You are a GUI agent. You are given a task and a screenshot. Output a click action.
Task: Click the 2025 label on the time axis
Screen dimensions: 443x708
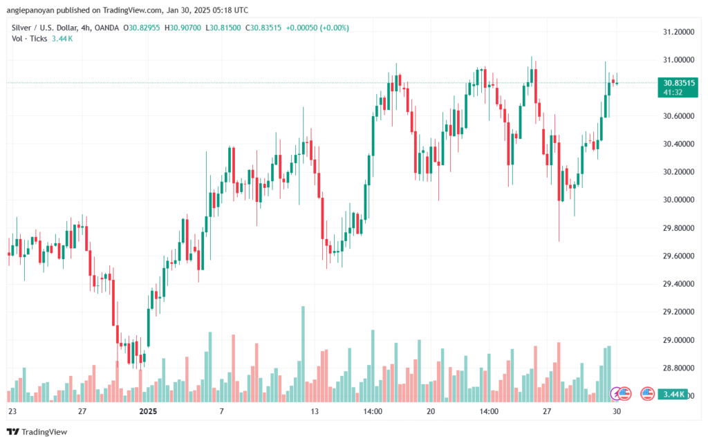149,411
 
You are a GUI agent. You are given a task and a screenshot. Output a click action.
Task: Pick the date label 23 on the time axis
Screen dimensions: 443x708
12,411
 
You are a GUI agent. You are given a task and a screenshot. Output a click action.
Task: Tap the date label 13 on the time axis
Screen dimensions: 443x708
315,411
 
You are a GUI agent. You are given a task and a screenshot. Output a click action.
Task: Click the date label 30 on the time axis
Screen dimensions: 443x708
616,411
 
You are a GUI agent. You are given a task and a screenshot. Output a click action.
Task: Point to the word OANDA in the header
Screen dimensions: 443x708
106,28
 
